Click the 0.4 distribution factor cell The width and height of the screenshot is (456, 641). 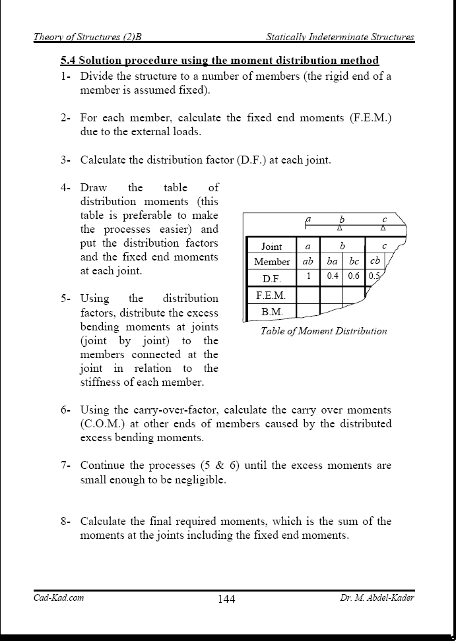[x=333, y=276]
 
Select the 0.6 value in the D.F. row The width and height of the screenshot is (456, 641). [x=354, y=276]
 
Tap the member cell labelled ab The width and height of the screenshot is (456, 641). [x=308, y=260]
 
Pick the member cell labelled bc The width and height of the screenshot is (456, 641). [x=354, y=260]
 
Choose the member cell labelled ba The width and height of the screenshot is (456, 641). [x=333, y=260]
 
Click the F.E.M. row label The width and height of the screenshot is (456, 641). [x=271, y=295]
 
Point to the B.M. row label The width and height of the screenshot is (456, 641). [x=271, y=311]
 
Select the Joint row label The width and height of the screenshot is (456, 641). [x=271, y=246]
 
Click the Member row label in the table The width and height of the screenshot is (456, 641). [x=271, y=261]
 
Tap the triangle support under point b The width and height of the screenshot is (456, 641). [x=339, y=229]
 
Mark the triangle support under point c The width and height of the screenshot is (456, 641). [x=383, y=229]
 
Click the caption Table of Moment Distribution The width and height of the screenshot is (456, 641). [x=323, y=331]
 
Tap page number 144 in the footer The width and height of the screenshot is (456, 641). [x=226, y=599]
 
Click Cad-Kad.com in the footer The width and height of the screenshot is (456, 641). [x=59, y=598]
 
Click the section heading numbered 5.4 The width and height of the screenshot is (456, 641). [x=220, y=61]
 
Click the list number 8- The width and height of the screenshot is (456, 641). [x=66, y=521]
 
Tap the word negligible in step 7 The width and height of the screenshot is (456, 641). [x=201, y=479]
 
